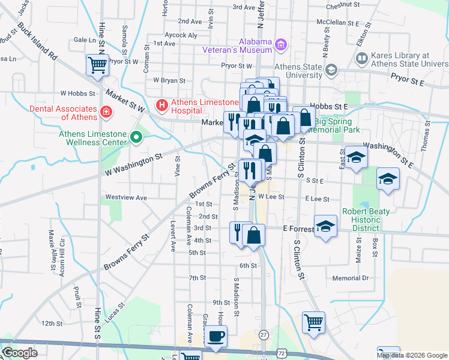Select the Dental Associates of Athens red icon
pyautogui.click(x=106, y=112)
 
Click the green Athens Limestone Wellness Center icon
pyautogui.click(x=136, y=139)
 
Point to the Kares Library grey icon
pyautogui.click(x=362, y=59)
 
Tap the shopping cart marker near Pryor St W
pyautogui.click(x=97, y=65)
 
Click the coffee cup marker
pyautogui.click(x=215, y=337)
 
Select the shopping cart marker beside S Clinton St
pyautogui.click(x=313, y=323)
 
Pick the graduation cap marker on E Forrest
pyautogui.click(x=325, y=227)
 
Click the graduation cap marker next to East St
pyautogui.click(x=356, y=158)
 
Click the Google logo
pyautogui.click(x=20, y=353)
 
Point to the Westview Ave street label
pyautogui.click(x=126, y=197)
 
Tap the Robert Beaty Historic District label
pyautogui.click(x=366, y=220)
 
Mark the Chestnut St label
pyautogui.click(x=342, y=6)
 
